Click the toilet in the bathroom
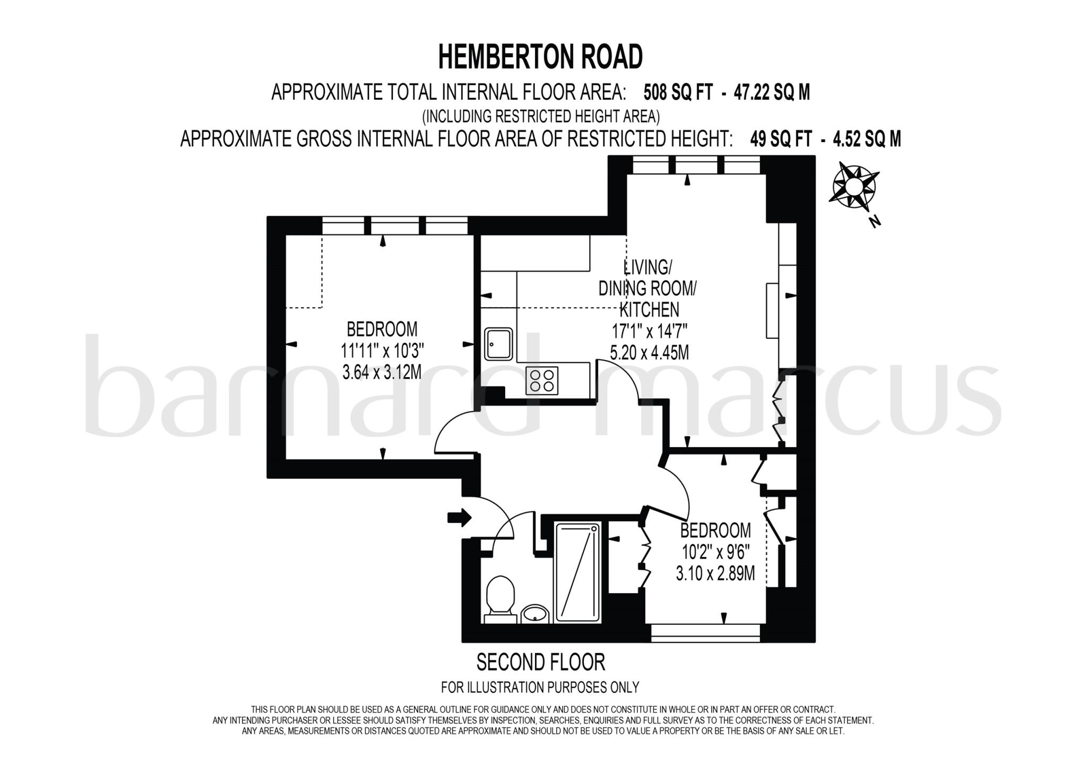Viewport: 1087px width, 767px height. [500, 597]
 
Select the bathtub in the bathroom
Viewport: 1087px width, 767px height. [577, 572]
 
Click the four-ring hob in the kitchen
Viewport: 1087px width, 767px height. [542, 380]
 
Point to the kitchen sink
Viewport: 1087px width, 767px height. [498, 344]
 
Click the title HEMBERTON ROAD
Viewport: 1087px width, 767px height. [540, 57]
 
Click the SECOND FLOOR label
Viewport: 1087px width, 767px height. [540, 663]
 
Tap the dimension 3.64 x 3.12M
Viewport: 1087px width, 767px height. [382, 372]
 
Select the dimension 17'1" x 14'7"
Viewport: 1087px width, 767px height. [649, 332]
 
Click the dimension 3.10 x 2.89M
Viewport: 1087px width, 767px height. [715, 573]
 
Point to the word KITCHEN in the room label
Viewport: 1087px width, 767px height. [649, 309]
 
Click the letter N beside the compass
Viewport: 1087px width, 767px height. [875, 222]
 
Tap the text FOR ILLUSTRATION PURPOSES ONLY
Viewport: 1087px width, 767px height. [540, 687]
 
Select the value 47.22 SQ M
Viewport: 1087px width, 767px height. [772, 93]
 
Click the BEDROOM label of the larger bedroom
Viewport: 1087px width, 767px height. [382, 329]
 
